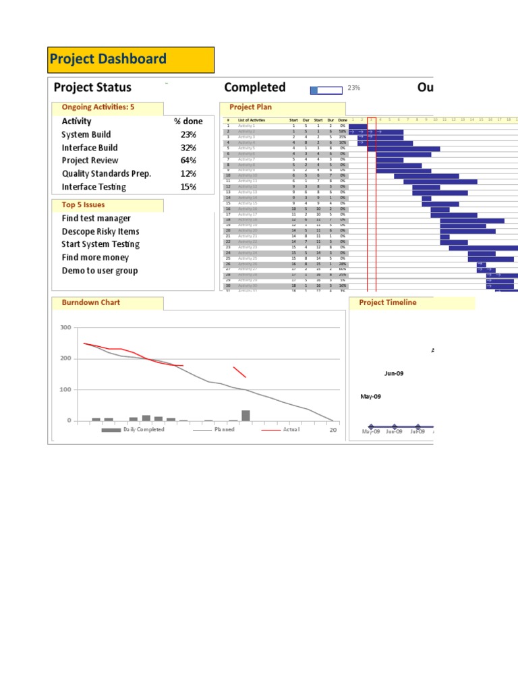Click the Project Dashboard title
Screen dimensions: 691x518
tap(108, 59)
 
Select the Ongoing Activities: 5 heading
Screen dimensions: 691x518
tap(98, 107)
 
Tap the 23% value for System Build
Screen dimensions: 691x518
tap(188, 135)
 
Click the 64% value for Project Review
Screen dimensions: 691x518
tap(188, 161)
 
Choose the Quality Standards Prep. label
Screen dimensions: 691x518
tap(106, 173)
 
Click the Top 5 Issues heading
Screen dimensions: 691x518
tap(83, 205)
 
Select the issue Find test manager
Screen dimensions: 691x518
tap(96, 219)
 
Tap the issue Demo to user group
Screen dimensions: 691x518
tap(99, 271)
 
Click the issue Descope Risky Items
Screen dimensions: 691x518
tap(100, 231)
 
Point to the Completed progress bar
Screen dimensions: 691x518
tap(326, 89)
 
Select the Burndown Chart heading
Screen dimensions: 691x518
tap(90, 303)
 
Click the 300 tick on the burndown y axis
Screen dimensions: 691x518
tap(65, 328)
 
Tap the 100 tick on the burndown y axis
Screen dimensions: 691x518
tap(65, 390)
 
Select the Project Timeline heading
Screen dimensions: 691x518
tap(387, 303)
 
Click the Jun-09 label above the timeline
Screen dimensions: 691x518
tap(394, 372)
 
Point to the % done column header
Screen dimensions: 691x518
tap(188, 121)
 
